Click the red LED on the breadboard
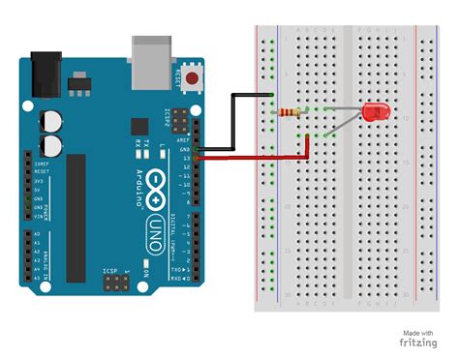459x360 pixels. [x=374, y=113]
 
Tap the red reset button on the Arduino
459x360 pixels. [x=197, y=78]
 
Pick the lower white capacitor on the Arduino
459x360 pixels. [x=50, y=145]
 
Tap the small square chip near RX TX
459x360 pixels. [x=139, y=125]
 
